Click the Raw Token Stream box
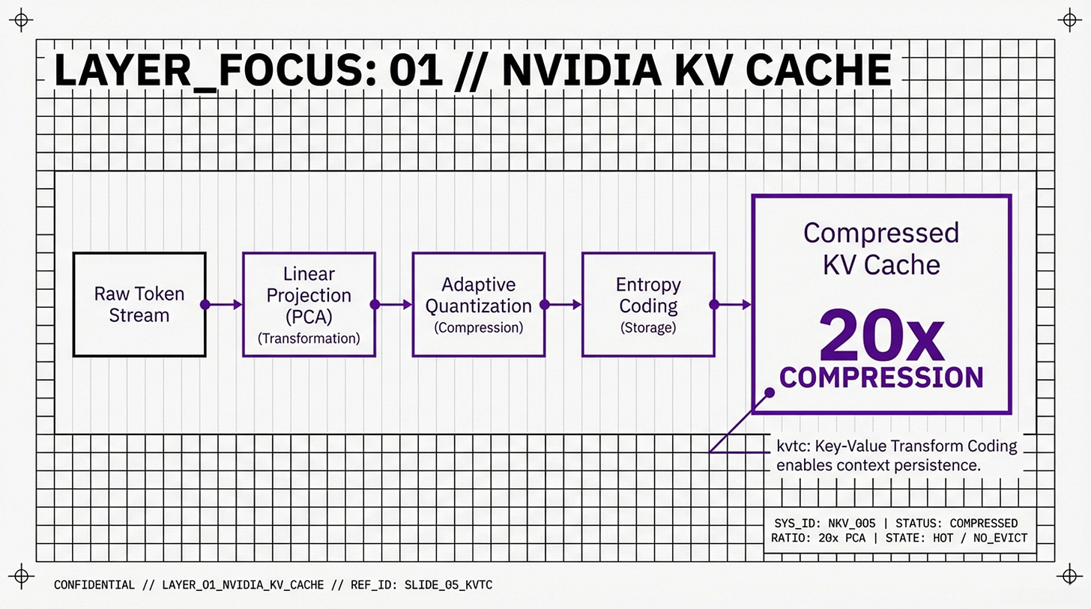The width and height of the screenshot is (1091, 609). pos(139,304)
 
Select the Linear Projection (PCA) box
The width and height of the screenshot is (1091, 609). pos(309,304)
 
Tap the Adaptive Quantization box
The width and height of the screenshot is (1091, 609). pos(478,304)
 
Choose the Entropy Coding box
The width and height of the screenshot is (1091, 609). pos(647,304)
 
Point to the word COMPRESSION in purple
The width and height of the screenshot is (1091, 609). pos(881,377)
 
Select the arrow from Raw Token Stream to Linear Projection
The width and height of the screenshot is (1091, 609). pos(224,304)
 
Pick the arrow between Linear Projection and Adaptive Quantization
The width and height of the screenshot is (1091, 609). pos(393,304)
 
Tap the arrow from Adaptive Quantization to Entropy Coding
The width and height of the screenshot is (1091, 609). pos(563,304)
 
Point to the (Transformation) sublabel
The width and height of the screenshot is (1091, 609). pos(309,339)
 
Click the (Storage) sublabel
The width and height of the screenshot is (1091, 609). pos(647,327)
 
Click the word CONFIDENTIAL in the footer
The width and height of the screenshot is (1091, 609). pos(94,584)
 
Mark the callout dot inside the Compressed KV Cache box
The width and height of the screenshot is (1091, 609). pos(768,393)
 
